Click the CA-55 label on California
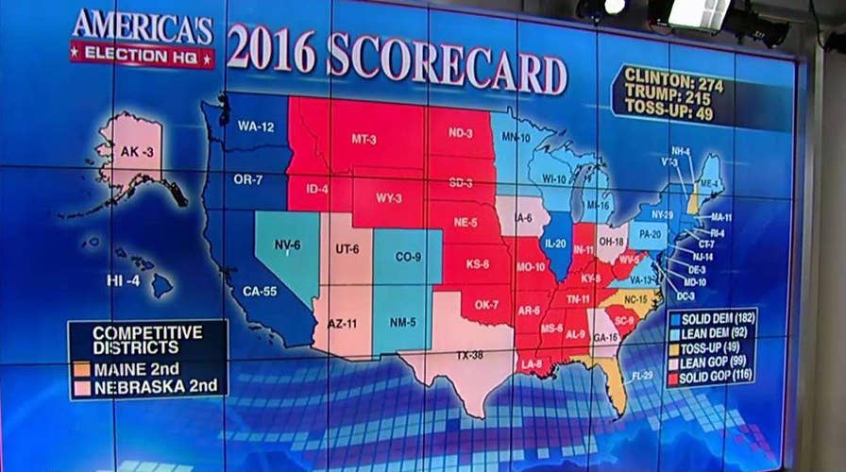click(260, 292)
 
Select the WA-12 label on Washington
click(255, 126)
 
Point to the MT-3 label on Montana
click(364, 139)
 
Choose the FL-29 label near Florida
click(642, 376)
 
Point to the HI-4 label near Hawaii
click(123, 281)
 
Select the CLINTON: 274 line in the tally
click(673, 84)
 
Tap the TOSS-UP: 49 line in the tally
click(668, 114)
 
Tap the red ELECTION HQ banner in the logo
click(142, 54)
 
